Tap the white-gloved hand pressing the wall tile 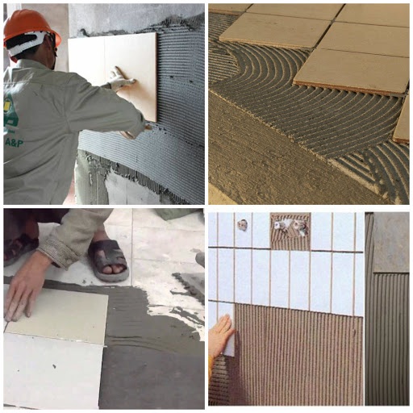tap(121, 79)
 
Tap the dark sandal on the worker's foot tap(108, 260)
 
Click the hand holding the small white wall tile tap(219, 332)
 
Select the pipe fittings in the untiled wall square tap(290, 227)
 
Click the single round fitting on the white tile tap(241, 225)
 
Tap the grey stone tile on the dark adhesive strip tap(390, 241)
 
